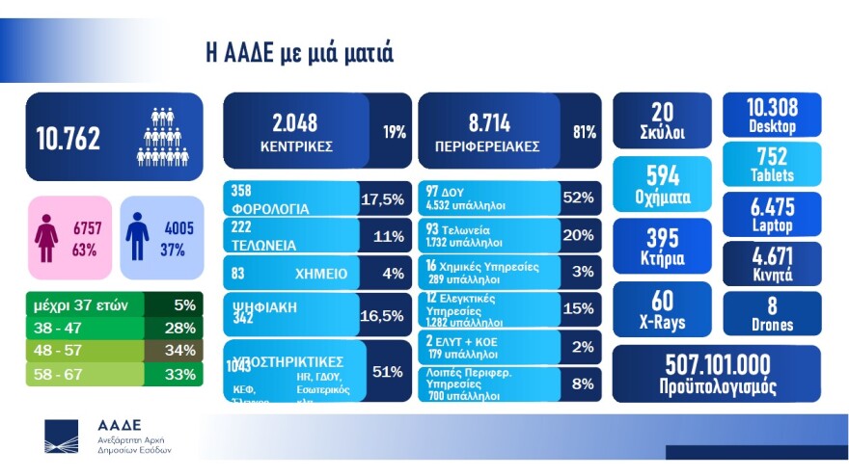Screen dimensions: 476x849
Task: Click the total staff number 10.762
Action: [x=68, y=139]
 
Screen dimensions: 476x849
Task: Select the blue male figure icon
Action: [x=137, y=236]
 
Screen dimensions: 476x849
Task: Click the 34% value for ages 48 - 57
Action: [x=180, y=351]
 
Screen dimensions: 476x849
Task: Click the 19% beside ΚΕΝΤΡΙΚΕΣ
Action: [x=394, y=132]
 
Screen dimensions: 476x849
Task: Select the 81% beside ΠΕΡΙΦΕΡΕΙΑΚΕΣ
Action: [x=584, y=132]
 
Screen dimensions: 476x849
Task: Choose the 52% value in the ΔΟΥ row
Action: [x=577, y=198]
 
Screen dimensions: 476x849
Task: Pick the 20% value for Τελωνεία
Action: [x=577, y=235]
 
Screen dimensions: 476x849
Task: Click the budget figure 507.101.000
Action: [x=716, y=364]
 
